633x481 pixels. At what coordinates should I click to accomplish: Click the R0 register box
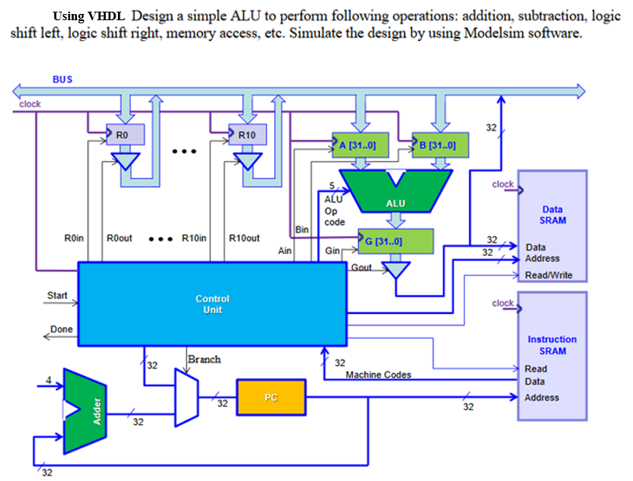point(126,134)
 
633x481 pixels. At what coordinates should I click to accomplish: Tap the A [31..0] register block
point(359,145)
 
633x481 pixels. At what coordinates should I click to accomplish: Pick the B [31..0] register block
point(440,145)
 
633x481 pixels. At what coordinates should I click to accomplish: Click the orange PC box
point(270,397)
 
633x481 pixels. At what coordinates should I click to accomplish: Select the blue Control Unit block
point(212,304)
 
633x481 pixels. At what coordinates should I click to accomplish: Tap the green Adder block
point(89,410)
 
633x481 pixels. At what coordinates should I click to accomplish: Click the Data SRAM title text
point(552,214)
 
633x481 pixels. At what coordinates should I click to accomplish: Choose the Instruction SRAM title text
point(552,345)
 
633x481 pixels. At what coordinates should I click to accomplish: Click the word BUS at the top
point(62,79)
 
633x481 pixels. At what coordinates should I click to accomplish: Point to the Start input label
point(57,295)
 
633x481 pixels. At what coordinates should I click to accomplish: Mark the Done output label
point(61,329)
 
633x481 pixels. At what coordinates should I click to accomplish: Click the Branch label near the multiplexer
point(204,359)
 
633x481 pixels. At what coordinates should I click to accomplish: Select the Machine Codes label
point(378,375)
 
